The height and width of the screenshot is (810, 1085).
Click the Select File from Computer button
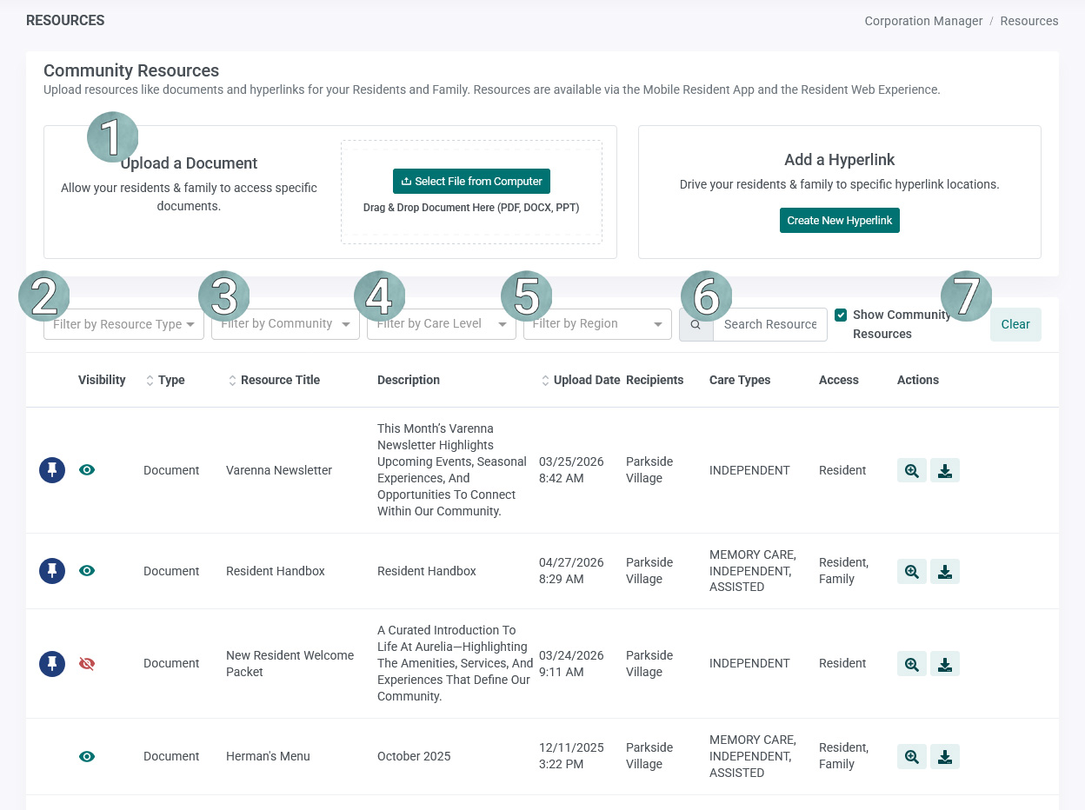471,182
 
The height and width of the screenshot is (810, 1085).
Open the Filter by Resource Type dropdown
123,324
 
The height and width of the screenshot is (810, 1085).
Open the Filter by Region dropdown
597,324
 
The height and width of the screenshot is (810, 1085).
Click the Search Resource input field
769,324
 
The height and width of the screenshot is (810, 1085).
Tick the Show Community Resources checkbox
841,315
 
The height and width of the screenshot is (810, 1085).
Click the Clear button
1015,324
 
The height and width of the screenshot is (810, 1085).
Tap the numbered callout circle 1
113,136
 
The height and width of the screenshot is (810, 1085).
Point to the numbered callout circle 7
967,295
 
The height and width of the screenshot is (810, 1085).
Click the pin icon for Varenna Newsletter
52,470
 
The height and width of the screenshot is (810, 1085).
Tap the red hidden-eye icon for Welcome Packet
87,663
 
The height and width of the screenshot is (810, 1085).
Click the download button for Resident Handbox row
945,572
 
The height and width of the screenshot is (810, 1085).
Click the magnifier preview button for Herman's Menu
911,757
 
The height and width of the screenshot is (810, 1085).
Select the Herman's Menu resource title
268,756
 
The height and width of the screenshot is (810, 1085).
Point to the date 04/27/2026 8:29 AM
571,570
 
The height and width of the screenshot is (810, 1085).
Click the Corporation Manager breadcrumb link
923,21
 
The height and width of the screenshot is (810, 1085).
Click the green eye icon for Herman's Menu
87,756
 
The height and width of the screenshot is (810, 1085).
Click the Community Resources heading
131,70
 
